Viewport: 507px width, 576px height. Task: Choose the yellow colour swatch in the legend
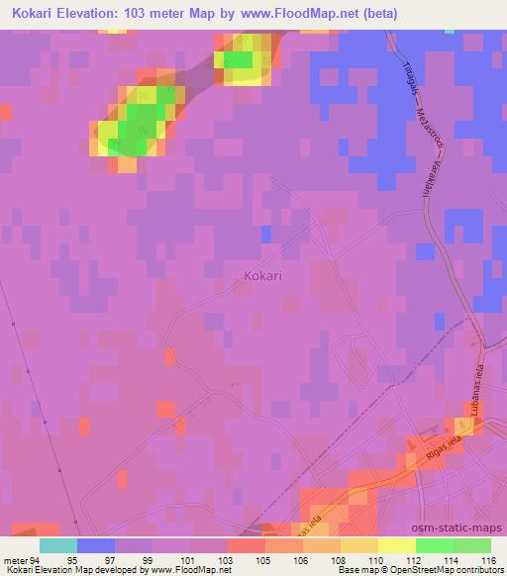click(x=395, y=545)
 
